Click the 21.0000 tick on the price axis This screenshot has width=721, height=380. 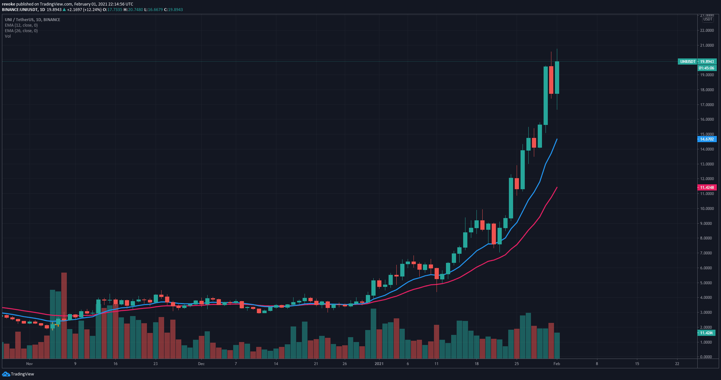point(707,45)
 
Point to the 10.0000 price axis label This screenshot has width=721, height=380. point(707,209)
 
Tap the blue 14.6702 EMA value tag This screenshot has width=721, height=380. point(707,139)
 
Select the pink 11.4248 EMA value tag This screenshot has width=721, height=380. point(707,188)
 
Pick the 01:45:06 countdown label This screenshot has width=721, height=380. point(706,68)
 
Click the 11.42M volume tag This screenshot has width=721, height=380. point(706,333)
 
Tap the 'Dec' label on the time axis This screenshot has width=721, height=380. point(201,364)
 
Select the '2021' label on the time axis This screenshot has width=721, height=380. point(379,364)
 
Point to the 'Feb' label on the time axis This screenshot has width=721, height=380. point(557,364)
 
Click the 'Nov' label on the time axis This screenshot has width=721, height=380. point(30,364)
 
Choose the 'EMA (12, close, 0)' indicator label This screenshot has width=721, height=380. point(21,25)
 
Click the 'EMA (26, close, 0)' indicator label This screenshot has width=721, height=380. point(21,31)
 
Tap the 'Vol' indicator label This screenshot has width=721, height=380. point(8,36)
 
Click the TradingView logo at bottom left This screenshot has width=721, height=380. point(18,374)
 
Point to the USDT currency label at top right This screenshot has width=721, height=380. point(708,19)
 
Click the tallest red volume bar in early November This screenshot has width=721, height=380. point(64,315)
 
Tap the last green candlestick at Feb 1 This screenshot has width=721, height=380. point(557,77)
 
